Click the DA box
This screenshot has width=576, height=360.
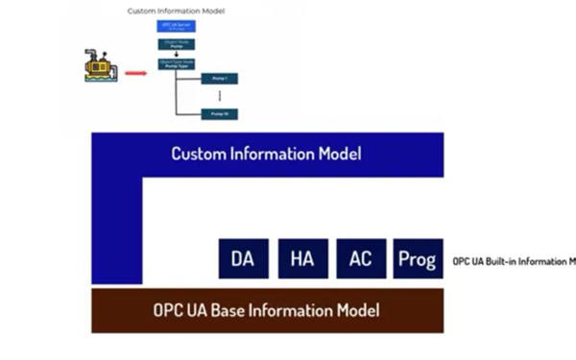(243, 259)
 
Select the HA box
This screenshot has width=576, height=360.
(302, 259)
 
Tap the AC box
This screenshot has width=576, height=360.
(360, 259)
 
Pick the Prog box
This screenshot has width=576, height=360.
(418, 259)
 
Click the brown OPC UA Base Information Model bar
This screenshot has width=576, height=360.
(267, 311)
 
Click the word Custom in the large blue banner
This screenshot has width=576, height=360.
(199, 154)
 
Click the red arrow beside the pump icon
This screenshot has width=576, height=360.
(135, 71)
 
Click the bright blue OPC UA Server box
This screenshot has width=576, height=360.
(177, 26)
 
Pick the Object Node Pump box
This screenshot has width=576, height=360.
(177, 44)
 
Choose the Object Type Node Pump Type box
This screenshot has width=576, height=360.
(177, 64)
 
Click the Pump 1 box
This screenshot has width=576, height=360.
(219, 79)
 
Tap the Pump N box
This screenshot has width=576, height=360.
(219, 113)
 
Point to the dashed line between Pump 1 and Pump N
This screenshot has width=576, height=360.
(219, 96)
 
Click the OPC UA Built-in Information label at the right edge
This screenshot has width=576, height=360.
(514, 260)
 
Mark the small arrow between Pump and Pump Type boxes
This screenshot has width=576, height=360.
(177, 55)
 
